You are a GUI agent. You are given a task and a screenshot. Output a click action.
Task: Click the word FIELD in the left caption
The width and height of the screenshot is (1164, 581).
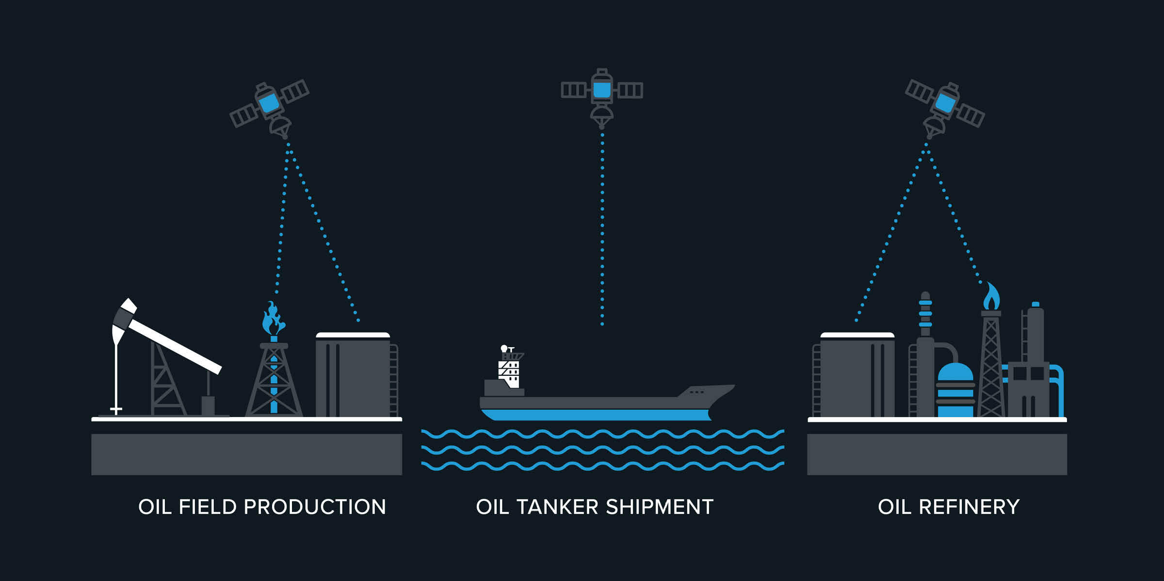[x=207, y=507]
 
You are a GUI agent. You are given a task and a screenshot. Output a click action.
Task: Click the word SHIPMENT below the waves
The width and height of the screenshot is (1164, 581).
[x=659, y=507]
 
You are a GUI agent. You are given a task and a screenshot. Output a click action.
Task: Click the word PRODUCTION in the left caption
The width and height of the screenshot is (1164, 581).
[x=315, y=507]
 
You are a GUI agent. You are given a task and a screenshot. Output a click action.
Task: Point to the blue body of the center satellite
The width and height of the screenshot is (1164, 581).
[x=602, y=90]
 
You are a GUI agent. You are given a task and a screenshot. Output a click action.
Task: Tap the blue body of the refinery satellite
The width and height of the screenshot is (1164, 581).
[x=945, y=102]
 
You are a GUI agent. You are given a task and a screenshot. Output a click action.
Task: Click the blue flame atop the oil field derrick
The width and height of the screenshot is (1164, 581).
[x=273, y=320]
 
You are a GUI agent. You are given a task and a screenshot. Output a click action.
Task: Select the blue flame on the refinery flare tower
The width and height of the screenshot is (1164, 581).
[x=991, y=297]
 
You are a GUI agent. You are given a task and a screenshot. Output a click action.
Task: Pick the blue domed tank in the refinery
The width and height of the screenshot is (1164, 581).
[x=955, y=390]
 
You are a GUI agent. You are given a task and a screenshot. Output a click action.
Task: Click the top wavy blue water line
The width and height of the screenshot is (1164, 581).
[x=601, y=434]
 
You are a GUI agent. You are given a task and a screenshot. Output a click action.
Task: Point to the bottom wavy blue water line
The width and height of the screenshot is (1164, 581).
[x=601, y=466]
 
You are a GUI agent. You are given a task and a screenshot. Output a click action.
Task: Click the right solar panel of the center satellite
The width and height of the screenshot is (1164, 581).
[x=630, y=90]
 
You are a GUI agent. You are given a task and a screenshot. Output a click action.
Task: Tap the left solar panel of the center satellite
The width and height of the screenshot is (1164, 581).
[x=574, y=90]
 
